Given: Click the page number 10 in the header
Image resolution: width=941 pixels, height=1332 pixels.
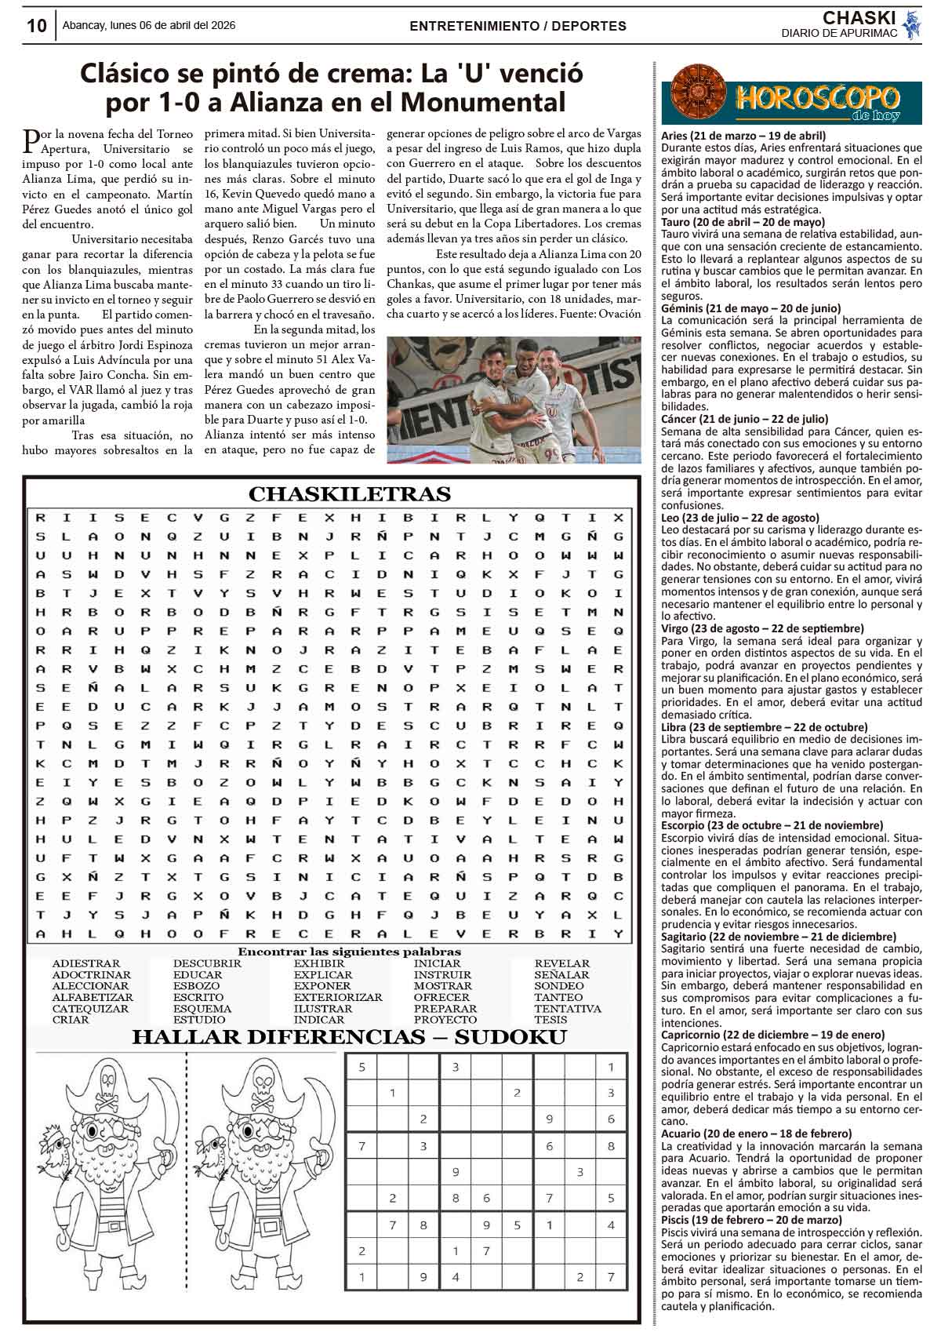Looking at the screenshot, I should pos(36,26).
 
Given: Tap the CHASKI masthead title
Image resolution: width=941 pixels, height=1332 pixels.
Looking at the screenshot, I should pos(859,17).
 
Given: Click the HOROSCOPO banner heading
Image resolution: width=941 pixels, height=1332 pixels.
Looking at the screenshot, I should pos(816,98).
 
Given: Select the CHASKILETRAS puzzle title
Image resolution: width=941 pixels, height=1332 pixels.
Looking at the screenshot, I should pos(349,494).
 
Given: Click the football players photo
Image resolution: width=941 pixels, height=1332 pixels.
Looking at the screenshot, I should pos(514,400).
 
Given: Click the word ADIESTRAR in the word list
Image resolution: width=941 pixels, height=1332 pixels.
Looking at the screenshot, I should pos(85,963).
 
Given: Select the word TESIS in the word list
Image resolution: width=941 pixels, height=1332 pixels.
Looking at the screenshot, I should pos(550,1020).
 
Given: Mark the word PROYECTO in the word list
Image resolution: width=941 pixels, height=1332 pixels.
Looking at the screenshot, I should pos(445,1020).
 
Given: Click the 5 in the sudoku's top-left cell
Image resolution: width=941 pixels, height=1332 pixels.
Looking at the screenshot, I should pos(362,1067).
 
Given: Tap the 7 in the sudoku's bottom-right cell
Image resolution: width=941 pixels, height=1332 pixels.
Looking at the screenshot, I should pos(611,1277).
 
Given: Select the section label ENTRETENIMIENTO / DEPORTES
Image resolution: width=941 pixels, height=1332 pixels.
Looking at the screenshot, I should pos(518,26).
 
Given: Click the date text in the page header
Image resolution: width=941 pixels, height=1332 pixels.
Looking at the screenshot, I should pos(149,25).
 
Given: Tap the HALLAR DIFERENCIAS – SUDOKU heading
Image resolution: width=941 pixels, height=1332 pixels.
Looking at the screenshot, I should pos(349,1037).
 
